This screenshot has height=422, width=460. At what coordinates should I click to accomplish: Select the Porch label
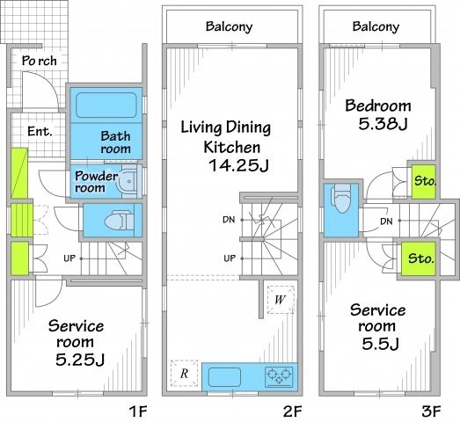[x=40, y=62]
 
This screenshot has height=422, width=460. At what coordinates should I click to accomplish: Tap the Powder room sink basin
[x=128, y=182]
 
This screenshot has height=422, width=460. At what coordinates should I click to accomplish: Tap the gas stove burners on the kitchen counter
[x=281, y=376]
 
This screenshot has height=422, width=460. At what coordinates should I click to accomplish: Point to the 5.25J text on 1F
[x=82, y=359]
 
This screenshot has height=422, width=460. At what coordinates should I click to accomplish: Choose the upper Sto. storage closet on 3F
[x=423, y=180]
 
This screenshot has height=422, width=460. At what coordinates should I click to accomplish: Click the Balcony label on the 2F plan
[x=229, y=26]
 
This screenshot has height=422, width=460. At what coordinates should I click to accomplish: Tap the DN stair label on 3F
[x=385, y=221]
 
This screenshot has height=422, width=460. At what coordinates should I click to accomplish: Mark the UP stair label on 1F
[x=68, y=257]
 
